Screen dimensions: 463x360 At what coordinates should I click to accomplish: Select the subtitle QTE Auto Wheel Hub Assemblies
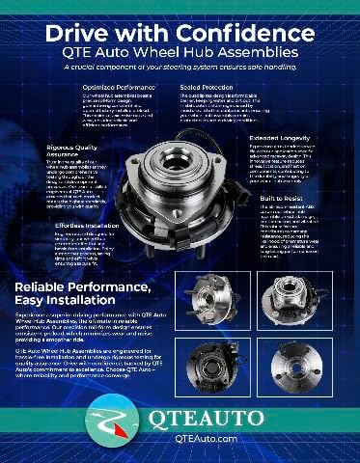point(180,53)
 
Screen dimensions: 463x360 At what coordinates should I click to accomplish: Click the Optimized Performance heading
point(120,86)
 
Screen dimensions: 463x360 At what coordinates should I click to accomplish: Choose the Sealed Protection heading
point(206,86)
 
